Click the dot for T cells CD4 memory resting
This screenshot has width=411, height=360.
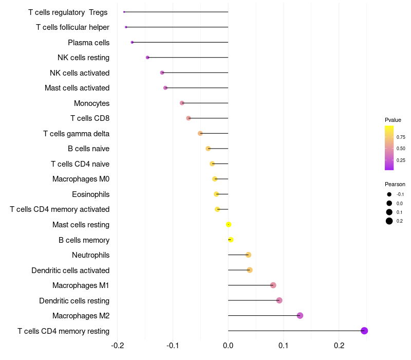pyautogui.click(x=364, y=331)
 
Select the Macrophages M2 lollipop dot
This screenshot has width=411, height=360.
pyautogui.click(x=300, y=315)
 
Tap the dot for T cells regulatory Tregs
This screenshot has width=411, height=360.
pyautogui.click(x=124, y=12)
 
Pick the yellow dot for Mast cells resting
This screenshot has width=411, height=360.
pyautogui.click(x=229, y=224)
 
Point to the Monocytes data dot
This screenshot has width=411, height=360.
pyautogui.click(x=182, y=103)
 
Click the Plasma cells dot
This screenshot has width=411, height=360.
pyautogui.click(x=132, y=42)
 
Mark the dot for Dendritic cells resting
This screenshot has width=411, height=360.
pyautogui.click(x=279, y=300)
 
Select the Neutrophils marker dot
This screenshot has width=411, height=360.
pyautogui.click(x=248, y=255)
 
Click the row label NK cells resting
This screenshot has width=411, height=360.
pyautogui.click(x=83, y=58)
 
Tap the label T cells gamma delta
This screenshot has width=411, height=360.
pyautogui.click(x=76, y=134)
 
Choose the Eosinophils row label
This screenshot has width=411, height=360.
pyautogui.click(x=91, y=194)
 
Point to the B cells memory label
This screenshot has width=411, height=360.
pyautogui.click(x=84, y=240)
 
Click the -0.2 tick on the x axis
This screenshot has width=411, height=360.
pyautogui.click(x=117, y=345)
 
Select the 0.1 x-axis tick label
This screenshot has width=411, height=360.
pyautogui.click(x=284, y=345)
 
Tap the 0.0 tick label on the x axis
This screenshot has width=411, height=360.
pyautogui.click(x=228, y=345)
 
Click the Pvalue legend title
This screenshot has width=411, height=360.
pyautogui.click(x=393, y=120)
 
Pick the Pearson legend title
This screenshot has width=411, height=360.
pyautogui.click(x=395, y=184)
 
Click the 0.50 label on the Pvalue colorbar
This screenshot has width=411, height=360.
pyautogui.click(x=401, y=149)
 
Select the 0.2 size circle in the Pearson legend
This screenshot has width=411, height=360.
pyautogui.click(x=389, y=221)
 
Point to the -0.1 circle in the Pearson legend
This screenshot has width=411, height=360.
pyautogui.click(x=389, y=194)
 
